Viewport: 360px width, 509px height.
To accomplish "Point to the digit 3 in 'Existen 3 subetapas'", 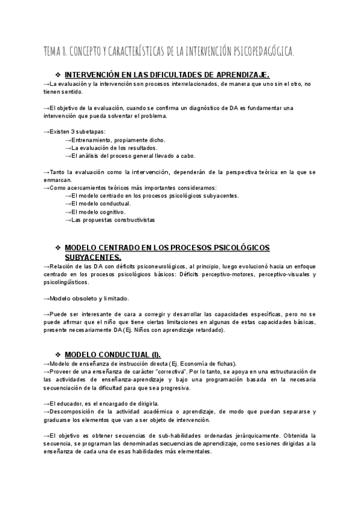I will pos(73,131).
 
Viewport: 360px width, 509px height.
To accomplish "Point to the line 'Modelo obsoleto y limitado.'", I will pos(86,298).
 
